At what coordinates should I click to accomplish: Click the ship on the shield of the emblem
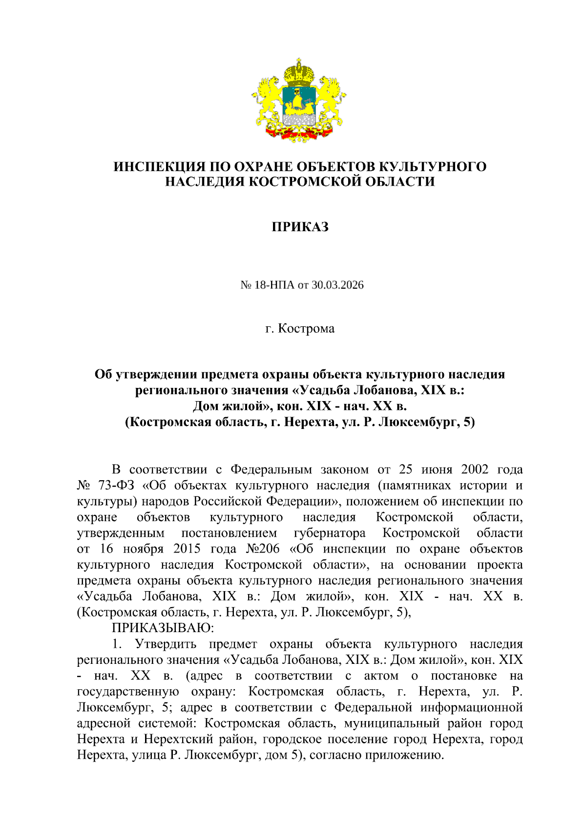[298, 102]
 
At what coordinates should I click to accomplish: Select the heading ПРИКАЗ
[300, 227]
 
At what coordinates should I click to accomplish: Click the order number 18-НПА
[274, 285]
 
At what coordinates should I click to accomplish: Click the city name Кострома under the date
[306, 328]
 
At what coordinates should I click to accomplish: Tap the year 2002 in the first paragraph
[475, 469]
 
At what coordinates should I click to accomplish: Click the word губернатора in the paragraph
[331, 533]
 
